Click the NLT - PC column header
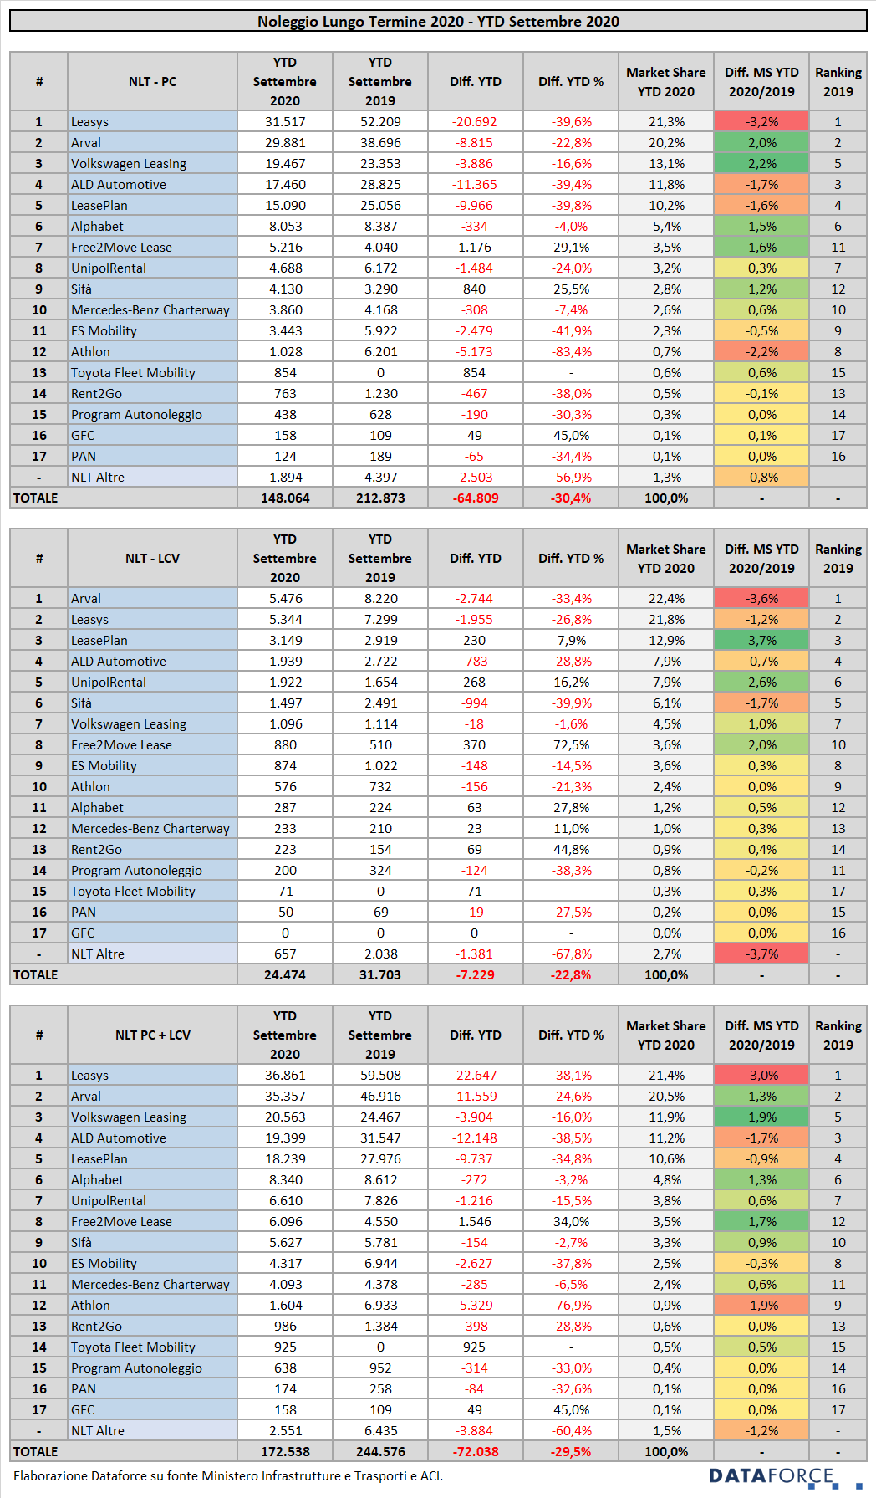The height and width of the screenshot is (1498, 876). [x=152, y=81]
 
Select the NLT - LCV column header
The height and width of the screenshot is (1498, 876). [x=152, y=558]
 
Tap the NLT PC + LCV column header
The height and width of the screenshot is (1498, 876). [x=152, y=1035]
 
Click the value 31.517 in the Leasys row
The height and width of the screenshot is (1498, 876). [x=285, y=121]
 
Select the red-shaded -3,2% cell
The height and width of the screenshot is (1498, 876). [x=761, y=121]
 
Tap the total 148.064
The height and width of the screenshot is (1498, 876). [x=285, y=498]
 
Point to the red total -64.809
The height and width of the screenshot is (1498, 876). [x=475, y=498]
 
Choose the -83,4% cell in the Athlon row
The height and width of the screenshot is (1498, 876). [x=571, y=351]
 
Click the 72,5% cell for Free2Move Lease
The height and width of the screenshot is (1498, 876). [x=571, y=744]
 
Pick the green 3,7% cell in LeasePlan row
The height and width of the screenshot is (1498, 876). [x=761, y=640]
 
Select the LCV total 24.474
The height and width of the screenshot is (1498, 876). [x=285, y=974]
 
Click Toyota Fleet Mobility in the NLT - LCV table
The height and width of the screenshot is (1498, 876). [x=133, y=891]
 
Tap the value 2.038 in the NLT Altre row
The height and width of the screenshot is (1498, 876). [x=380, y=954]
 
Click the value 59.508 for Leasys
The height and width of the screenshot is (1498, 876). [x=380, y=1075]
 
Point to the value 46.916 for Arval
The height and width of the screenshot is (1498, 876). [x=380, y=1096]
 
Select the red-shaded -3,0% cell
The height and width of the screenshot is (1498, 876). [x=761, y=1075]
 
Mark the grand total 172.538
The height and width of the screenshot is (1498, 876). [x=285, y=1451]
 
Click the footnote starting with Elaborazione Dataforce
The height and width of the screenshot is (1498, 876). [x=228, y=1475]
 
